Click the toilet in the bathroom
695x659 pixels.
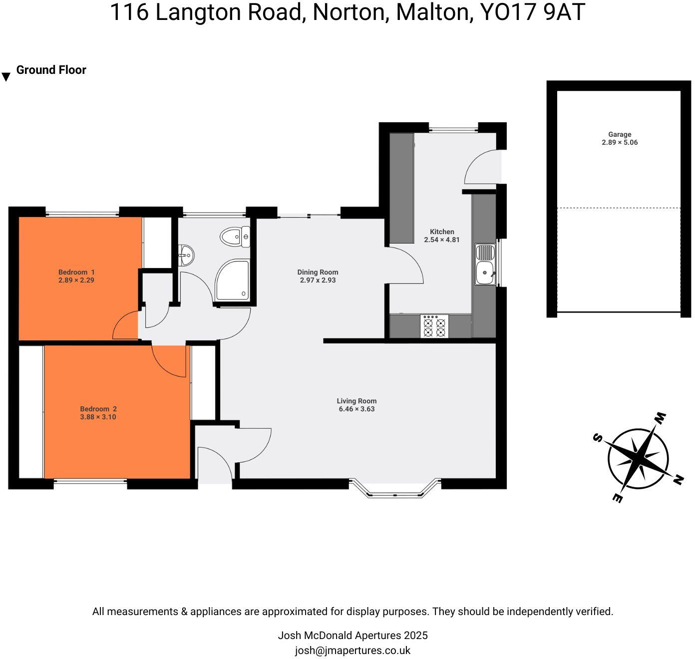click(234, 237)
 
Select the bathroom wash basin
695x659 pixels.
click(186, 256)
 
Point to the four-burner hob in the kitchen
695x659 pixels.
click(434, 326)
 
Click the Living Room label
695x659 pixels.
click(356, 401)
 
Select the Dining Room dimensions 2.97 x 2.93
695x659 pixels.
click(318, 281)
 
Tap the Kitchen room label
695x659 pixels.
click(442, 232)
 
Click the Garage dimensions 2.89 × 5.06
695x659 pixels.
click(620, 142)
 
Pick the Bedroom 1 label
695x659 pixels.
click(76, 272)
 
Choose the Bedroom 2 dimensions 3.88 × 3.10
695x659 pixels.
click(98, 417)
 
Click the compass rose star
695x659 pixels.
click(638, 458)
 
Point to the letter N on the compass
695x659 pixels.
click(678, 480)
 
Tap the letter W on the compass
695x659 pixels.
click(660, 417)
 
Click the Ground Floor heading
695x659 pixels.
click(51, 70)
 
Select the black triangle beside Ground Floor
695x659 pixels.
click(6, 77)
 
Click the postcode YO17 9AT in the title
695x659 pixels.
click(532, 12)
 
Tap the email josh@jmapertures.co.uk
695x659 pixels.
click(352, 651)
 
